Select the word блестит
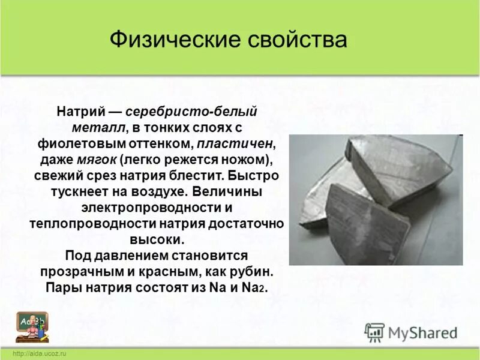click(199, 177)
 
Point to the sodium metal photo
click(375, 199)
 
